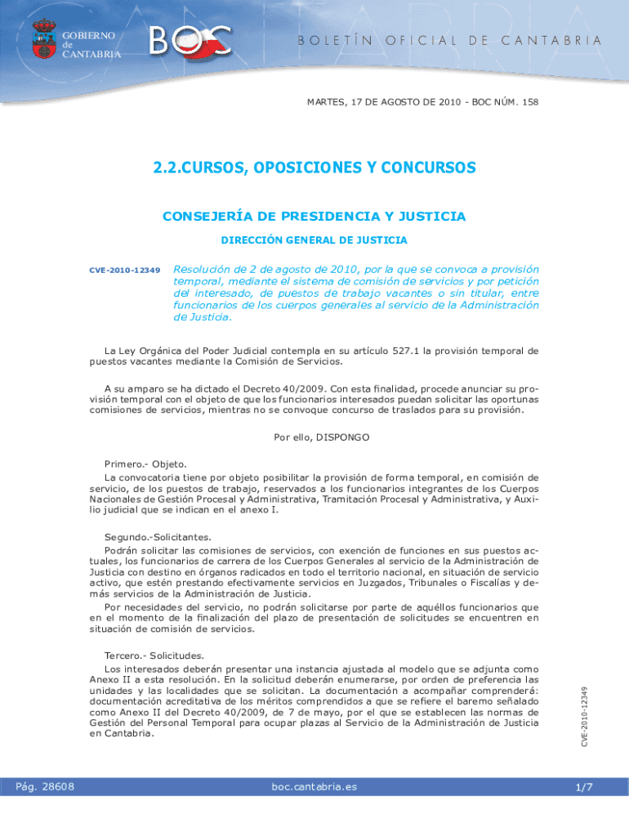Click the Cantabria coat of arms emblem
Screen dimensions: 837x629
pos(43,39)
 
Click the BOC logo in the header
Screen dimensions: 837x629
pos(190,42)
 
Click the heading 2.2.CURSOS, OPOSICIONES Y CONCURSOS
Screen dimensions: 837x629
pos(314,168)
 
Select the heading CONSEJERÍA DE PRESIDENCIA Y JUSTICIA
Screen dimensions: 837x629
pos(314,217)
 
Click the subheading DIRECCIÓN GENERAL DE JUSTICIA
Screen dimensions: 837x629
pos(314,240)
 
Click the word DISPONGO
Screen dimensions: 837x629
pos(341,437)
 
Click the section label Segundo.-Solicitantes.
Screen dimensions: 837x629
pos(158,537)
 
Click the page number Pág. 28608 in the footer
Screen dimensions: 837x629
pos(46,786)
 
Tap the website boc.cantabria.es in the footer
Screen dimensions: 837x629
pos(314,786)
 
